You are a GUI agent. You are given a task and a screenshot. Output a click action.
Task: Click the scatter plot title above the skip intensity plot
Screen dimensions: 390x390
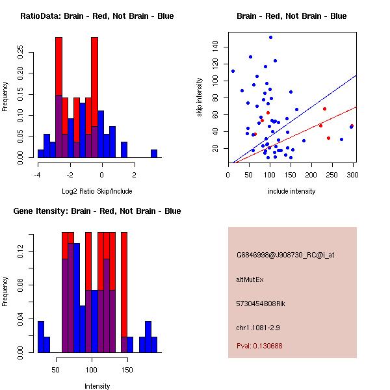[x=291, y=16]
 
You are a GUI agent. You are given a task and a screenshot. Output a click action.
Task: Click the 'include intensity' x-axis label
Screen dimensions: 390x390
[x=291, y=191]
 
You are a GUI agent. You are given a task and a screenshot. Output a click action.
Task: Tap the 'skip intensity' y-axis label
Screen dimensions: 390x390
[x=200, y=97]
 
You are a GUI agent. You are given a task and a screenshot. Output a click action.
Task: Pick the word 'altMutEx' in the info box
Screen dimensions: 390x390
[x=250, y=279]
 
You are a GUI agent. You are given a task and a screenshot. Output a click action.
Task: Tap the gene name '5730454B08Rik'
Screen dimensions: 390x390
[x=261, y=304]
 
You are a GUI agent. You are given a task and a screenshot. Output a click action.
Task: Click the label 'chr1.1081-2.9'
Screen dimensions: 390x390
[x=258, y=327]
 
